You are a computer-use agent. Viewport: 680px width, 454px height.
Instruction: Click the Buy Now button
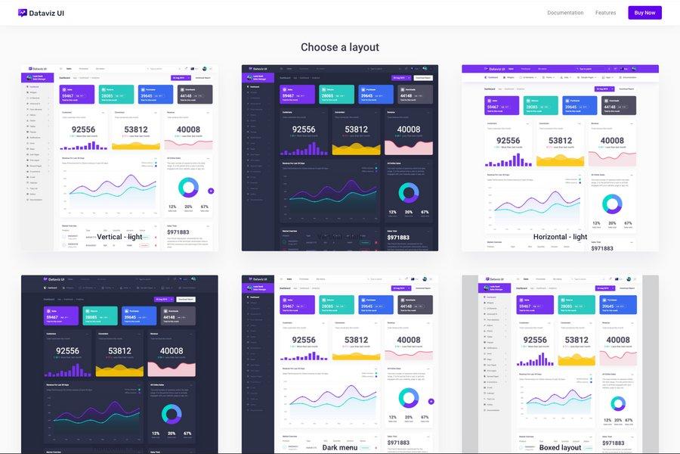pyautogui.click(x=644, y=13)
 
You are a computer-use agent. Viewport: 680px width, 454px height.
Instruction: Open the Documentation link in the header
pyautogui.click(x=565, y=13)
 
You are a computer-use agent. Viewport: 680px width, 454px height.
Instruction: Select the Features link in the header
pyautogui.click(x=605, y=13)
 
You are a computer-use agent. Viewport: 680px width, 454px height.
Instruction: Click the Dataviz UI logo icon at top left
pyautogui.click(x=23, y=13)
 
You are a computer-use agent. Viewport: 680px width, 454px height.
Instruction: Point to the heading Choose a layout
pyautogui.click(x=340, y=47)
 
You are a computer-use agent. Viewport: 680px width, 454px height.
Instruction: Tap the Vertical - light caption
pyautogui.click(x=119, y=237)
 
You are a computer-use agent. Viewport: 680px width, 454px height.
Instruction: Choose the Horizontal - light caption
pyautogui.click(x=560, y=237)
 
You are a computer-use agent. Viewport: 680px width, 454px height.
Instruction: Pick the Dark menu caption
pyautogui.click(x=340, y=447)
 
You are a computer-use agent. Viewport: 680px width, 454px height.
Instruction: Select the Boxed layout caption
pyautogui.click(x=560, y=447)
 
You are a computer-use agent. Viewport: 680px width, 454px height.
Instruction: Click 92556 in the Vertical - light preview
pyautogui.click(x=83, y=129)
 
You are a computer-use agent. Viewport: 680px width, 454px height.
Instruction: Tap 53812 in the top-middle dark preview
pyautogui.click(x=356, y=129)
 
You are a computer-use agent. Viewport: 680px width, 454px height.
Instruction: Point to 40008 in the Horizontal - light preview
pyautogui.click(x=612, y=140)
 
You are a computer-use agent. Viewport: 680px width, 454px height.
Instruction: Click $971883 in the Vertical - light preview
pyautogui.click(x=178, y=232)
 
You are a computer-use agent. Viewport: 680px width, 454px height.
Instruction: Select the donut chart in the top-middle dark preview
pyautogui.click(x=409, y=192)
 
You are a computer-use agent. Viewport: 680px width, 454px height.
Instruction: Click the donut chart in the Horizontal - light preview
pyautogui.click(x=612, y=204)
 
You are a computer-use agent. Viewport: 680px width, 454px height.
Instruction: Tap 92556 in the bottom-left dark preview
pyautogui.click(x=67, y=350)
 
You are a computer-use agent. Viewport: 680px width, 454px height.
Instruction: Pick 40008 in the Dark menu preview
pyautogui.click(x=408, y=340)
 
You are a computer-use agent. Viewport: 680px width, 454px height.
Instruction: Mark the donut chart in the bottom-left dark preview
pyautogui.click(x=172, y=413)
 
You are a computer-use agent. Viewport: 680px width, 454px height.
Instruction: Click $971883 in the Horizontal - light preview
pyautogui.click(x=602, y=248)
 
